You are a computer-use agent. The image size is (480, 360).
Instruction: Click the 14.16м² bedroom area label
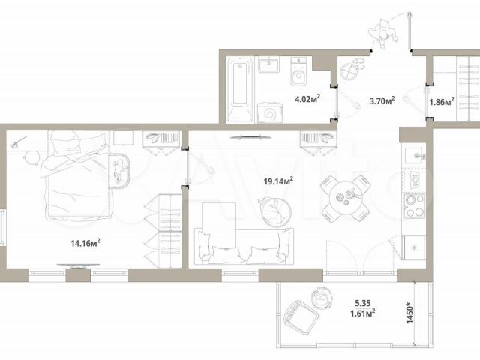click(85, 243)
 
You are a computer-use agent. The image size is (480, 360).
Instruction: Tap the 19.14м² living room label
click(278, 181)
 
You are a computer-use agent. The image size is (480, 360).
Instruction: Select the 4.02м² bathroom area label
click(307, 98)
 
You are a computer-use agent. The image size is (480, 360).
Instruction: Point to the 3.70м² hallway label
click(382, 100)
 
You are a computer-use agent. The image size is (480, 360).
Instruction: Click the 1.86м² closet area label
click(442, 102)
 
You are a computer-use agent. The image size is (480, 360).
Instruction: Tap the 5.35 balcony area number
click(363, 303)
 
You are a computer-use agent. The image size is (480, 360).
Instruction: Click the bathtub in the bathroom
click(240, 90)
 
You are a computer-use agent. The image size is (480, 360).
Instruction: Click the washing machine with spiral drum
click(270, 113)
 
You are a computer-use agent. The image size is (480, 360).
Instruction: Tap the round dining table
click(346, 198)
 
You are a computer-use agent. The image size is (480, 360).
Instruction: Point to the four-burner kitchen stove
click(415, 205)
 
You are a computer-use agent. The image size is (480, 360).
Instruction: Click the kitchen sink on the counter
click(415, 156)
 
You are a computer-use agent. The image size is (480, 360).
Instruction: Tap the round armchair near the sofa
click(275, 212)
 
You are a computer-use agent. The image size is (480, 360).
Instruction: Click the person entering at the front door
click(382, 33)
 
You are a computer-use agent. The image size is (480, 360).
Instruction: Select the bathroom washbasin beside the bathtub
click(268, 64)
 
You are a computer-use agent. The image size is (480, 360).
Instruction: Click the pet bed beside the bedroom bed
click(119, 170)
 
